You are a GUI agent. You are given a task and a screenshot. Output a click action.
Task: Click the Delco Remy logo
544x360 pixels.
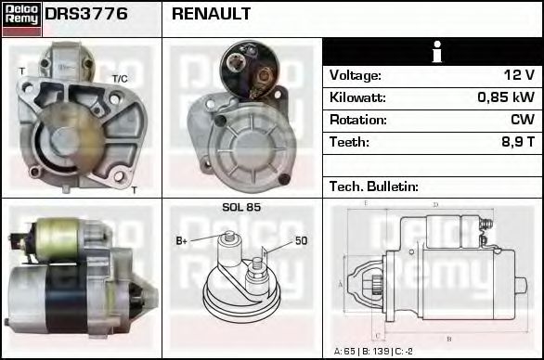[x=21, y=18]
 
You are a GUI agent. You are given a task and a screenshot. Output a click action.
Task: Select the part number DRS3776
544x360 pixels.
[x=86, y=15]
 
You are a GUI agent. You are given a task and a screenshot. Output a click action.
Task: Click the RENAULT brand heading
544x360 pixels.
[x=211, y=15]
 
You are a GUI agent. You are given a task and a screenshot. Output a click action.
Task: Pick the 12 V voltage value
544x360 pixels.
[x=519, y=75]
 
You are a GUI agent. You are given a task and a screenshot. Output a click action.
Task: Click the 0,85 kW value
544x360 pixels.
[x=506, y=97]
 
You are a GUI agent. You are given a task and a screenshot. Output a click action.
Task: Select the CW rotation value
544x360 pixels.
[x=523, y=120]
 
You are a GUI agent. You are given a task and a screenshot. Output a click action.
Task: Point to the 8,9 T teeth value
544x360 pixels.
[x=518, y=142]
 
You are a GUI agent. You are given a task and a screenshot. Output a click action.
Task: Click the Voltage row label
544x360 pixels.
[x=356, y=75]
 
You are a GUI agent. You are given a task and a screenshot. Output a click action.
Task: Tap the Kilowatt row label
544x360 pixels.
[x=357, y=97]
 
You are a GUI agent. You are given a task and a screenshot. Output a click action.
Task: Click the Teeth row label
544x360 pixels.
[x=349, y=142]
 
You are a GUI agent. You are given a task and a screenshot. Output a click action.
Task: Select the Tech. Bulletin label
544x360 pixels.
[x=374, y=186]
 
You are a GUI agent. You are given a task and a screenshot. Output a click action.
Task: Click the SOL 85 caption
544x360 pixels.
[x=241, y=207]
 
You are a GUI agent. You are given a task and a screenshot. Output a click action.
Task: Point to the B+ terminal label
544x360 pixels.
[x=182, y=241]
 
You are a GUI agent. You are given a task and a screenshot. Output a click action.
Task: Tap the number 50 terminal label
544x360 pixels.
[x=302, y=241]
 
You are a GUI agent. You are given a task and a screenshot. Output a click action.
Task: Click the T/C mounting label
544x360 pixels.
[x=120, y=78]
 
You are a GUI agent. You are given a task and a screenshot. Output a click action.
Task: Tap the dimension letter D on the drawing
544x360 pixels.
[x=435, y=205]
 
